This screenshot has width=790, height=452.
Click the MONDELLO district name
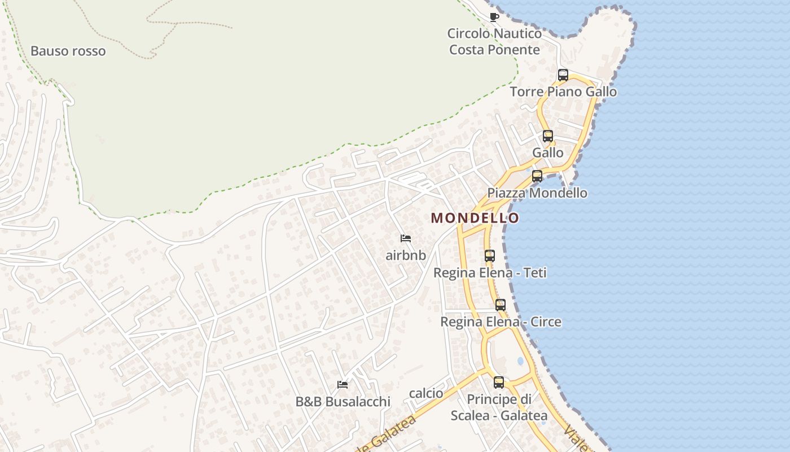coord(475,218)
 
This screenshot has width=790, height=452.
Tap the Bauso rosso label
coord(68,51)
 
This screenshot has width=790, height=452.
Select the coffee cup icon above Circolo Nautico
coord(494,17)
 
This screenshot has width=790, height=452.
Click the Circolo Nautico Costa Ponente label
coord(494,41)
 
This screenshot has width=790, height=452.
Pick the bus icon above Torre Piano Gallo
coord(563,75)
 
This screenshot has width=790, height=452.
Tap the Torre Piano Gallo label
coord(563,92)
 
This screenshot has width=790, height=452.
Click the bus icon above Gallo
coord(548,136)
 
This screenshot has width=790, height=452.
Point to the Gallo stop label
coord(548,153)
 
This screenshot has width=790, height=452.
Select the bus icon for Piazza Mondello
coord(537,176)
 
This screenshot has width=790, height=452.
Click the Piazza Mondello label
coord(537,193)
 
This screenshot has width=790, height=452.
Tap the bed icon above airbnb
coord(406,238)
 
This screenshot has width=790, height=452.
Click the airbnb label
coord(406,255)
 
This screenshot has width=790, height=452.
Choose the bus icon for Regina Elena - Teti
coord(490,255)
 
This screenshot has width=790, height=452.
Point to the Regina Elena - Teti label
coord(490,273)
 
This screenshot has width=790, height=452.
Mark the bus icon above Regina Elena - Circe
coord(501,305)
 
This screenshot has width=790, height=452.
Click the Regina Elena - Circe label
coord(501,322)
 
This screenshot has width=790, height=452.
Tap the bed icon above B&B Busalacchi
coord(343,385)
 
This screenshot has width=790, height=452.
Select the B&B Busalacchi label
coord(343,402)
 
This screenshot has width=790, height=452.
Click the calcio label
coord(426,393)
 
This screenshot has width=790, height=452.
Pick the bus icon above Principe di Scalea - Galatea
coord(499,382)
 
